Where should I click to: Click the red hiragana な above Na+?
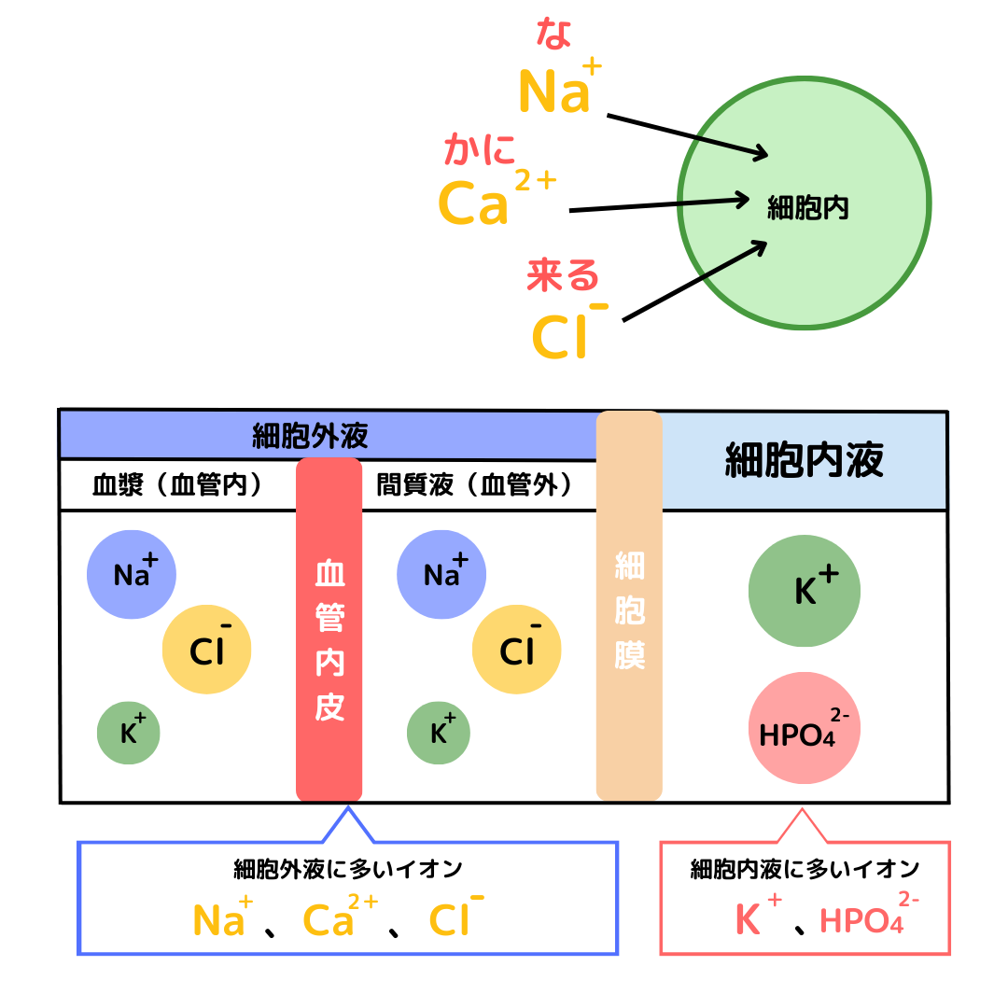click(554, 35)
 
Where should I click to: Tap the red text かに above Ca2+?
click(480, 149)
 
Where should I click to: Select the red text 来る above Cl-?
click(563, 275)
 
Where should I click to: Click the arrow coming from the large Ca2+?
click(659, 204)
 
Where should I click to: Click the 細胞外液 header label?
click(310, 436)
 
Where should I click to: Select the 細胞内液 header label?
click(805, 460)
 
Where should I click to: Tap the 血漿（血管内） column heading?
click(176, 485)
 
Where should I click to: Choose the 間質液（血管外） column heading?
click(473, 485)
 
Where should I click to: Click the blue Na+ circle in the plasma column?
click(132, 574)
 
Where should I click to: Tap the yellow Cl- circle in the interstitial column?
click(517, 651)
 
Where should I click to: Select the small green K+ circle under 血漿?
click(129, 733)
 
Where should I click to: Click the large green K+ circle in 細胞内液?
click(805, 591)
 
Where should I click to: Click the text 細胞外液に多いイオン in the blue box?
click(347, 870)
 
